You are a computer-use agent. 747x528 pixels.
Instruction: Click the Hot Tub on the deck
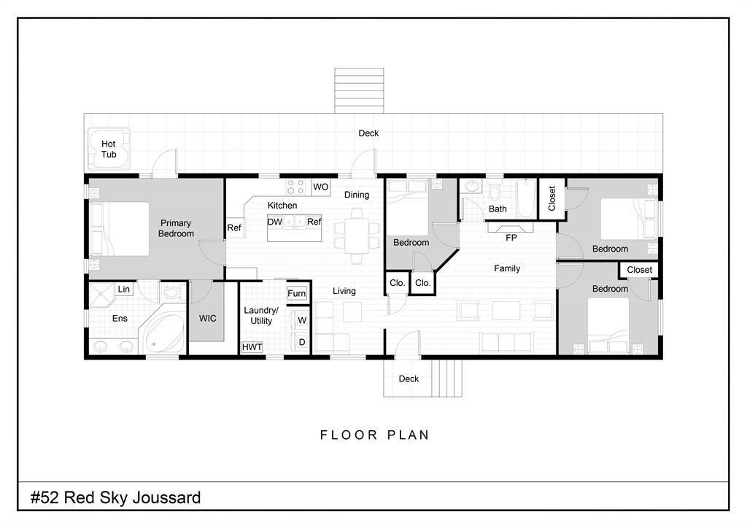point(109,148)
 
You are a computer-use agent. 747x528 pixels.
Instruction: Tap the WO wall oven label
point(321,187)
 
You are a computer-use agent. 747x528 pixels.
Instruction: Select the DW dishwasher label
point(274,222)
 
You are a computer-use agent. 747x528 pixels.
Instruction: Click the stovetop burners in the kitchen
point(295,187)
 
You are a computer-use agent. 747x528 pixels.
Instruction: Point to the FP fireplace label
point(511,238)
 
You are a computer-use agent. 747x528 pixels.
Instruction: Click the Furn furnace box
point(296,293)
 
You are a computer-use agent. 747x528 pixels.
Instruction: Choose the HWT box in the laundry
point(252,347)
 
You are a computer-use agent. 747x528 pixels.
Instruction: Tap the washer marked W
point(301,320)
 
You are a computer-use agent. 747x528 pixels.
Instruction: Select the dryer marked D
point(301,342)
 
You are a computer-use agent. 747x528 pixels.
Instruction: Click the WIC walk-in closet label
point(208,319)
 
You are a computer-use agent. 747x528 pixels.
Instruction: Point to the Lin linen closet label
point(124,289)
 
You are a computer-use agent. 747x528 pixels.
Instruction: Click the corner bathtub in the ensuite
point(162,332)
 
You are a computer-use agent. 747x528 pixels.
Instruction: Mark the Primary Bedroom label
point(176,228)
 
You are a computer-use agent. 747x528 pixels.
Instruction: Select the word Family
point(507,268)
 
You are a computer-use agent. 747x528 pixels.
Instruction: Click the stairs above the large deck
point(359,90)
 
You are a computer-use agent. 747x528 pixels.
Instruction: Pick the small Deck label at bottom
point(409,378)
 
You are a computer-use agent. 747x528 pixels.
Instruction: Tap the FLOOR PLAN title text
point(374,435)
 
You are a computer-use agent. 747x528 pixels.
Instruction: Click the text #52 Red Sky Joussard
point(116,497)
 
